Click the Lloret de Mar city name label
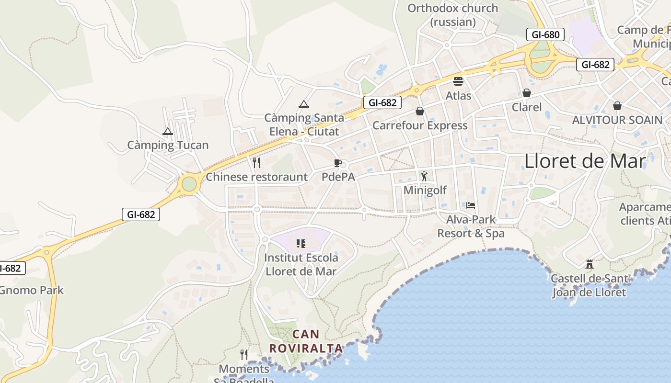pos(585,161)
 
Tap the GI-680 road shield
pos(545,34)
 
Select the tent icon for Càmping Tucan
pos(167,131)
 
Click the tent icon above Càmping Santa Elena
pos(303,104)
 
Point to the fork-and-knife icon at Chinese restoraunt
pos(256,163)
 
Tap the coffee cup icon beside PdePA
pos(338,163)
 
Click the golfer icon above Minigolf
pos(424,176)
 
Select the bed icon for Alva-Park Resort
pos(471,205)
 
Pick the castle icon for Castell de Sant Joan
pos(590,264)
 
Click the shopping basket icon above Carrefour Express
pos(420,111)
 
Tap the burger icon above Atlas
pos(458,81)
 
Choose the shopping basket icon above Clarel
pos(527,93)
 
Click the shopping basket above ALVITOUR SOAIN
pos(617,105)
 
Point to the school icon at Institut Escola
pos(301,244)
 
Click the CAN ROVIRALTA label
pos(306,341)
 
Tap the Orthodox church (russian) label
pos(453,15)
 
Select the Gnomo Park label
pos(32,290)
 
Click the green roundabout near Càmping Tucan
pos(189,184)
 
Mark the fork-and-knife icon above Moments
pos(244,355)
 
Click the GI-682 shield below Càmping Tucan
pos(141,214)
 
